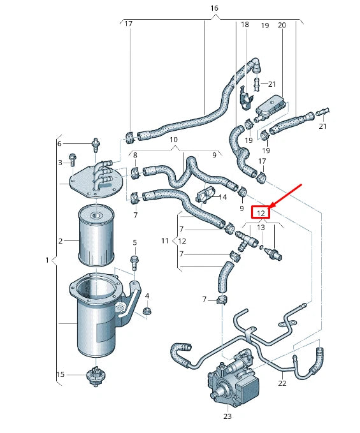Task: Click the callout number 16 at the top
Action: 213,8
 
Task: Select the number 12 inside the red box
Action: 261,212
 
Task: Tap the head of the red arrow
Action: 270,205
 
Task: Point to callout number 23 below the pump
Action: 228,416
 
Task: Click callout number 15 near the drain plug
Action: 61,374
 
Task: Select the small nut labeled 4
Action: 147,311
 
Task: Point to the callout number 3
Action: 61,163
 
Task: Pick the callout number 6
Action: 61,143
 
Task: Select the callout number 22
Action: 282,383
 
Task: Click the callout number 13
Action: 261,227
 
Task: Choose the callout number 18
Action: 245,24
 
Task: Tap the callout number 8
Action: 135,154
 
